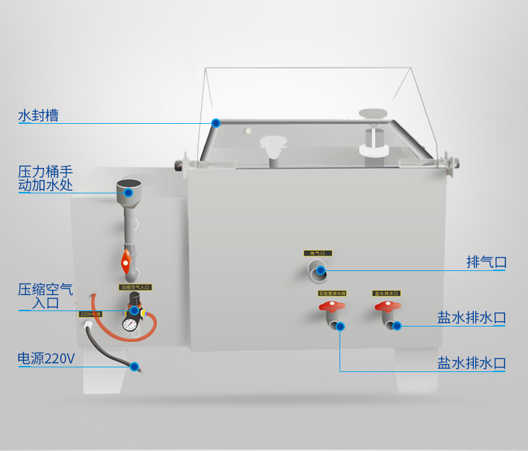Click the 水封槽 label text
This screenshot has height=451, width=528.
[x=38, y=116]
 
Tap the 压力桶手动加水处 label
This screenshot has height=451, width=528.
[x=45, y=178]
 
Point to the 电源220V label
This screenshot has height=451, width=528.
[x=46, y=359]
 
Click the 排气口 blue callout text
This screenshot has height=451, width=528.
[x=486, y=262]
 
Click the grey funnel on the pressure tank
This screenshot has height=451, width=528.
[x=129, y=188]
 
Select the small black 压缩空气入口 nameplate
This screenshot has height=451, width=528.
[x=136, y=287]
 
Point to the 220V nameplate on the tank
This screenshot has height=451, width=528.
[x=90, y=314]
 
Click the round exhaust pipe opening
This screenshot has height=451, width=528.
[x=316, y=270]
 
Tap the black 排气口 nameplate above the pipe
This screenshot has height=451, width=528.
[x=317, y=254]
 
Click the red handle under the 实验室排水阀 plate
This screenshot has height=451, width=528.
[x=331, y=307]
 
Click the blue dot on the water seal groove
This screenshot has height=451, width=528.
[x=216, y=122]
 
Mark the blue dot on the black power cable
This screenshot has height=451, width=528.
[x=135, y=367]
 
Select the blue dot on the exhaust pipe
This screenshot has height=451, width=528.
[x=321, y=271]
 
